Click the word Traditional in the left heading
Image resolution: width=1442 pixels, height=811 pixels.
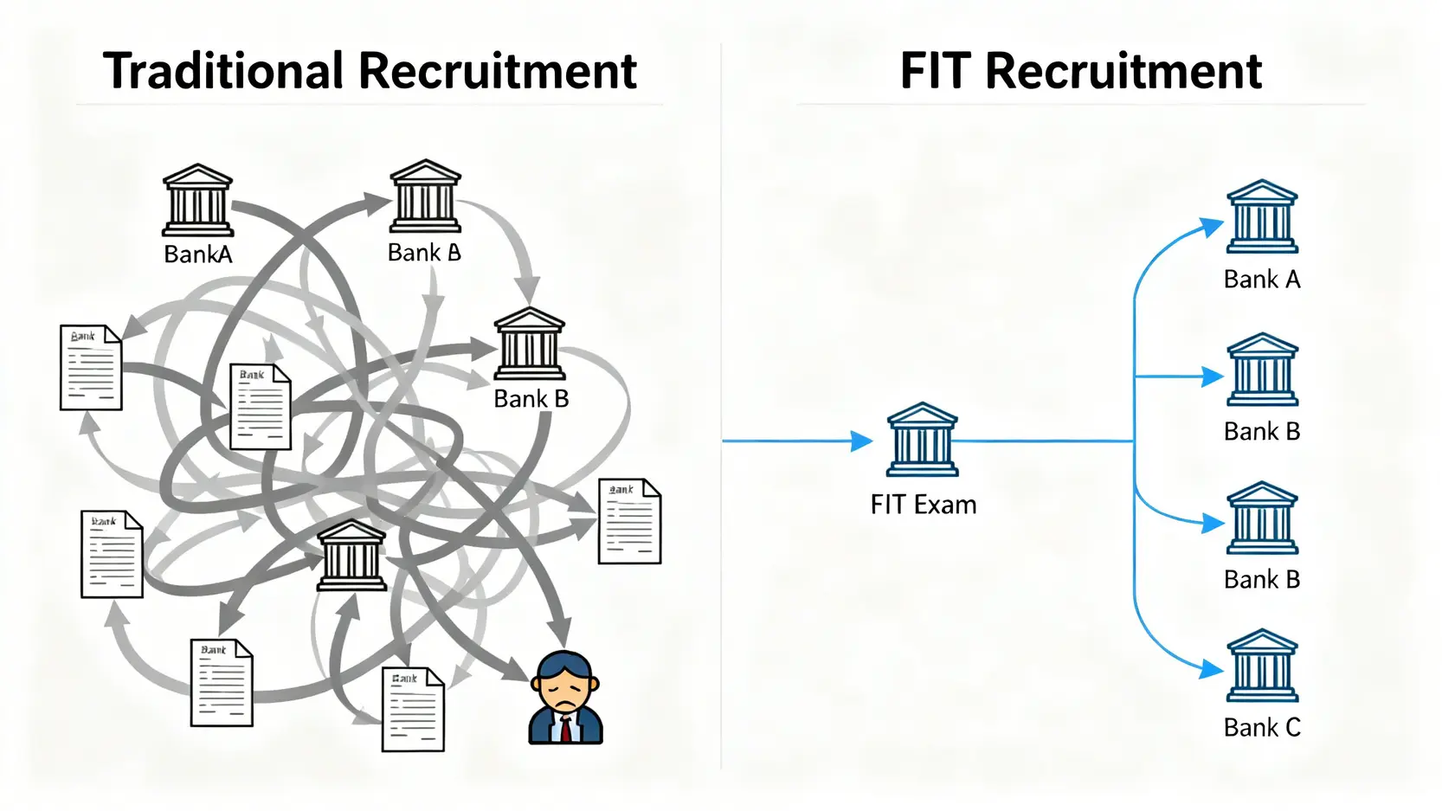(223, 71)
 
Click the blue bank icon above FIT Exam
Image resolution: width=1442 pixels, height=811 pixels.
(923, 440)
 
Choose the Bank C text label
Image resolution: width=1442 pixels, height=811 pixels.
(1262, 728)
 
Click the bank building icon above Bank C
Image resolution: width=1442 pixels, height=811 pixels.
(1263, 666)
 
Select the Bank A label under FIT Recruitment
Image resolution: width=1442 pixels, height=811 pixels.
(1262, 280)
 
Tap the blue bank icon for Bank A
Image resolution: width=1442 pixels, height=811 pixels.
(1263, 216)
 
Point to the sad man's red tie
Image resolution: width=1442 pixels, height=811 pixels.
(566, 730)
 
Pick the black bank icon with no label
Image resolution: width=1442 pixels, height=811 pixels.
(351, 556)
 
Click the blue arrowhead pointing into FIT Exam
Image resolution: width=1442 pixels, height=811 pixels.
(861, 441)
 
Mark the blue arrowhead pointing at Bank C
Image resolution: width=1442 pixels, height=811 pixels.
(1213, 669)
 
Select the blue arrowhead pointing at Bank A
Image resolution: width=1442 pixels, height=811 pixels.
(1212, 228)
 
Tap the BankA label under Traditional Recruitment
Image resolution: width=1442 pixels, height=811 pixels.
(198, 254)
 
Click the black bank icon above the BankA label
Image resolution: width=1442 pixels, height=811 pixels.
(198, 200)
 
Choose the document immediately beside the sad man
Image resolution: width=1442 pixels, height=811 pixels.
(413, 710)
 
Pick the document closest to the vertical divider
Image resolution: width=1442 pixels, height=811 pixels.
(629, 521)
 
